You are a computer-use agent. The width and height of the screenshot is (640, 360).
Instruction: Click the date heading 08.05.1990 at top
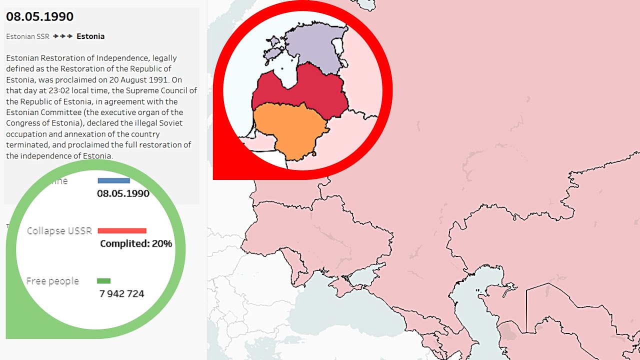point(39,16)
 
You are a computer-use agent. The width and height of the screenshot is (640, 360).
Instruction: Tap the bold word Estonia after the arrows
point(90,36)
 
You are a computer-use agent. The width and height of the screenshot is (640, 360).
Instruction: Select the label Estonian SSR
point(28,36)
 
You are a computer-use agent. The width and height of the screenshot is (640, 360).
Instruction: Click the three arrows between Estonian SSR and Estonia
point(63,36)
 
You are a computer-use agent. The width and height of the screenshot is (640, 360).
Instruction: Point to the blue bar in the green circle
point(113,180)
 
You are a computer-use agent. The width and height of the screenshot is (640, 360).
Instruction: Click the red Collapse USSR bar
point(122,230)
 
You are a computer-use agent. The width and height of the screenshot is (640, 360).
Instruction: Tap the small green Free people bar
point(104,281)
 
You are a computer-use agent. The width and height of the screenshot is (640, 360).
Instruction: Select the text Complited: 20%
point(136,244)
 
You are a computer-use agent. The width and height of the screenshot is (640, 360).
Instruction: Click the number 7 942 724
point(122,294)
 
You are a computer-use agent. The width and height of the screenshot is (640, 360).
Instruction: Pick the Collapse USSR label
point(59,231)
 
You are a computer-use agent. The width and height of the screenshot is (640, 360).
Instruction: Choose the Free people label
point(52,281)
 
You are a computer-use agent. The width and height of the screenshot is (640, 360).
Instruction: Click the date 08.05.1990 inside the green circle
point(123,193)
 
